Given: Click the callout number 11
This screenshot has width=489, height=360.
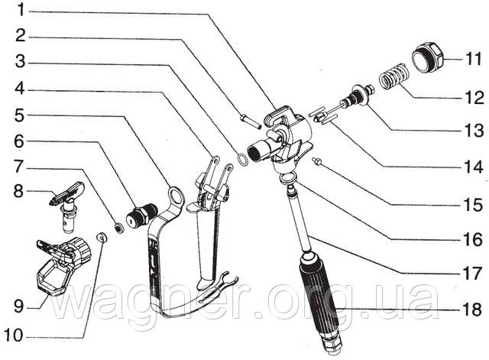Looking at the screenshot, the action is (x=474, y=59).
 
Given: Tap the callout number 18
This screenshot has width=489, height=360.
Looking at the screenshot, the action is (x=472, y=310).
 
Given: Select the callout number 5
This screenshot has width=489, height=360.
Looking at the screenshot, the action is (x=19, y=115).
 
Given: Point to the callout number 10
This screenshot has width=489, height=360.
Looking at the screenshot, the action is (x=14, y=336).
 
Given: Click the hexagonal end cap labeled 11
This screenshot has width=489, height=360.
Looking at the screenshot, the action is (x=428, y=57).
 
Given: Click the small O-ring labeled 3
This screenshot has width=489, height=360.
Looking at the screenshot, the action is (x=243, y=159).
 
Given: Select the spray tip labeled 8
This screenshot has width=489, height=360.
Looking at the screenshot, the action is (x=67, y=204).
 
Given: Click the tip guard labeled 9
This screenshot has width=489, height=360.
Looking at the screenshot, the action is (x=63, y=265).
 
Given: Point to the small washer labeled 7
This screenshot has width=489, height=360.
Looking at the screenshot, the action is (x=119, y=228).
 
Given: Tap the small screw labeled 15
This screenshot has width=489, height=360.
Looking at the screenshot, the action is (x=316, y=161).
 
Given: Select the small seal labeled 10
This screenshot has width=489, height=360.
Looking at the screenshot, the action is (x=102, y=238).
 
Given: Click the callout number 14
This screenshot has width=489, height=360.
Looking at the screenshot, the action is (x=474, y=167).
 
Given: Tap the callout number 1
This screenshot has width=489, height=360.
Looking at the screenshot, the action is (x=21, y=10).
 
